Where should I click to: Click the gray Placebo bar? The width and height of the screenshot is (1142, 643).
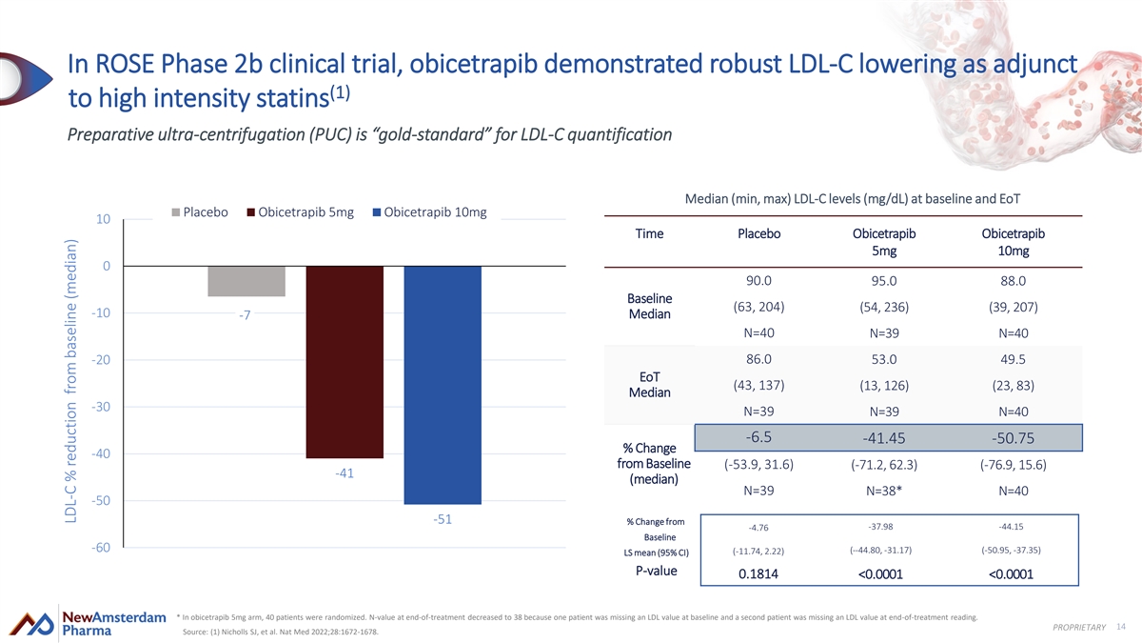[246, 281]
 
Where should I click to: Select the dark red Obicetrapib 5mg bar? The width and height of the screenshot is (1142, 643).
[345, 362]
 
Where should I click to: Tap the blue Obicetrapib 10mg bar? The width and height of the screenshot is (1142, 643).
[443, 385]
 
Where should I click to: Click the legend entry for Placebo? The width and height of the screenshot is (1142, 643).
[199, 211]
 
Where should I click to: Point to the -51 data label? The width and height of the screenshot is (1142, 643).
[443, 519]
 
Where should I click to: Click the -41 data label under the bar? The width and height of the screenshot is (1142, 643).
[345, 473]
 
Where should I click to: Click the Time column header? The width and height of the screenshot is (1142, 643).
[649, 234]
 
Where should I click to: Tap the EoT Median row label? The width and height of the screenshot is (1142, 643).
[650, 385]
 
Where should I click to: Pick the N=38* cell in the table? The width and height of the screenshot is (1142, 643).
[886, 492]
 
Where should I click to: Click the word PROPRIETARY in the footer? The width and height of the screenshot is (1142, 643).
[1078, 626]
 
